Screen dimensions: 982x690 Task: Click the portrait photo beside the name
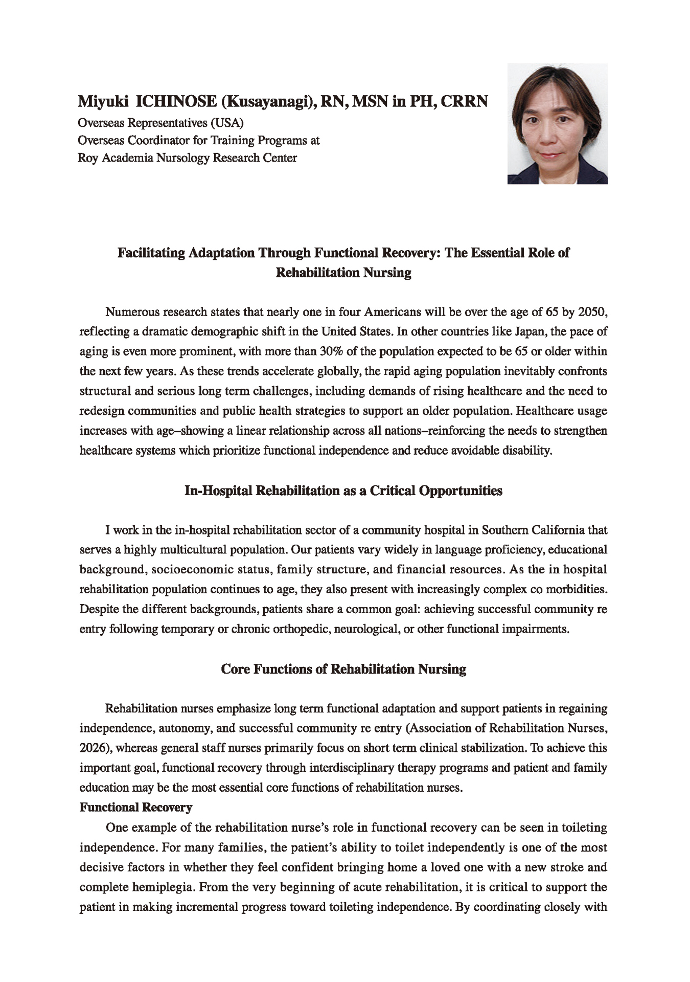click(557, 123)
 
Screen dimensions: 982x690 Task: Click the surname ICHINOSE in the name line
click(175, 102)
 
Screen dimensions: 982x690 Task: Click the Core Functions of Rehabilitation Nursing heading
click(343, 669)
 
